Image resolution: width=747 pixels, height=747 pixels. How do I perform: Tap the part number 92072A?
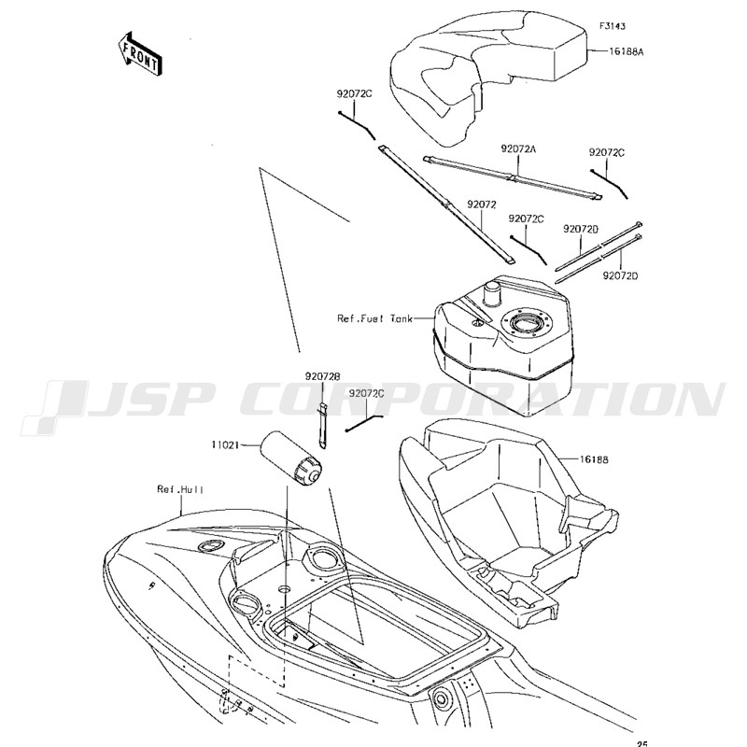pyautogui.click(x=517, y=148)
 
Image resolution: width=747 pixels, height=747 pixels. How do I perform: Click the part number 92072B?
pyautogui.click(x=320, y=376)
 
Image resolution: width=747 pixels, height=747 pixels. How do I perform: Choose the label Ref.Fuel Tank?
pyautogui.click(x=373, y=318)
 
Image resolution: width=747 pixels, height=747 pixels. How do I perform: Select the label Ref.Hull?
pyautogui.click(x=180, y=488)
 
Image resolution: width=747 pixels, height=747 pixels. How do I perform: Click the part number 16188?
pyautogui.click(x=594, y=459)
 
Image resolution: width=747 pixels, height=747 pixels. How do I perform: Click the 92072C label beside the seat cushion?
pyautogui.click(x=355, y=94)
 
